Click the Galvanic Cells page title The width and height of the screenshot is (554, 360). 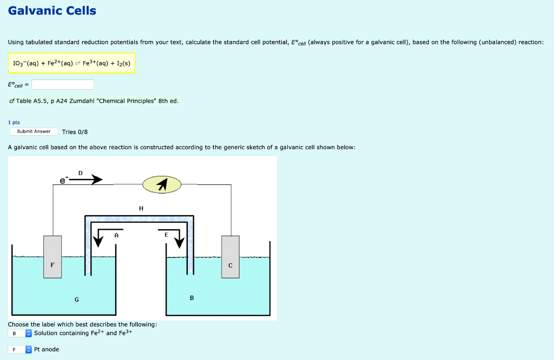pyautogui.click(x=52, y=11)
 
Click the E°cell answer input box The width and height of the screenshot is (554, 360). pyautogui.click(x=62, y=85)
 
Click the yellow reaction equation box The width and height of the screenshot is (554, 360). pyautogui.click(x=71, y=63)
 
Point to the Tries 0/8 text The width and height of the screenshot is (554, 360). pyautogui.click(x=75, y=132)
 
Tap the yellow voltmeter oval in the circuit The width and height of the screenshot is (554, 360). pyautogui.click(x=161, y=185)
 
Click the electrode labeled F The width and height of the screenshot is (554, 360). pyautogui.click(x=52, y=257)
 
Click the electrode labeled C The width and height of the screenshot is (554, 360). pyautogui.click(x=230, y=257)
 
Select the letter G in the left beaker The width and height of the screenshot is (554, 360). pyautogui.click(x=77, y=299)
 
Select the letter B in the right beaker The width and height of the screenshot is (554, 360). pyautogui.click(x=192, y=298)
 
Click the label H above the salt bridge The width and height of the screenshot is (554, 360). pyautogui.click(x=141, y=208)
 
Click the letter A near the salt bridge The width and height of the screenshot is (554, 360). pyautogui.click(x=116, y=235)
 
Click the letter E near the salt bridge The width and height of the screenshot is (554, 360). pyautogui.click(x=166, y=235)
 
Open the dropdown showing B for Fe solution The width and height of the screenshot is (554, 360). pyautogui.click(x=21, y=334)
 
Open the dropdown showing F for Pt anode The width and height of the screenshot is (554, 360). pyautogui.click(x=21, y=350)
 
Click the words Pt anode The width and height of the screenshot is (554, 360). pyautogui.click(x=47, y=350)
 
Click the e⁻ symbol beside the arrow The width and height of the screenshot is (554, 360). pyautogui.click(x=63, y=182)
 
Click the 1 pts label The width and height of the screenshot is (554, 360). pyautogui.click(x=14, y=123)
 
